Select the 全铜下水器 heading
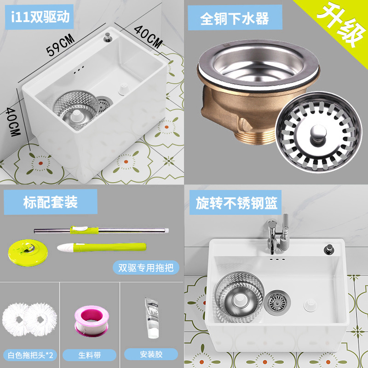(x=235, y=18)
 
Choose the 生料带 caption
(x=90, y=355)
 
